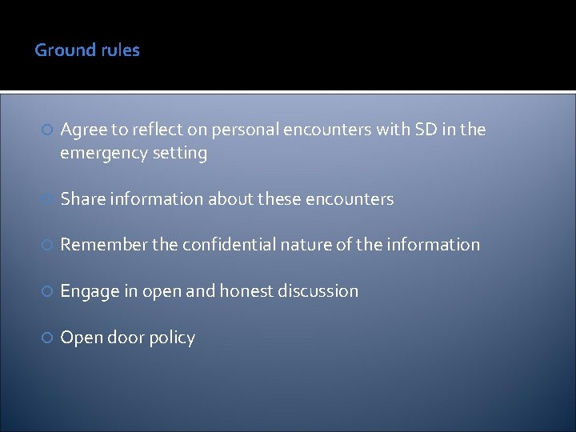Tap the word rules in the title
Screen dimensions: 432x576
[x=120, y=50]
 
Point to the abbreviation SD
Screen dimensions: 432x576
[x=425, y=130]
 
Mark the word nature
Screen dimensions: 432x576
[x=306, y=245]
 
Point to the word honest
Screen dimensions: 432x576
[x=246, y=291]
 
